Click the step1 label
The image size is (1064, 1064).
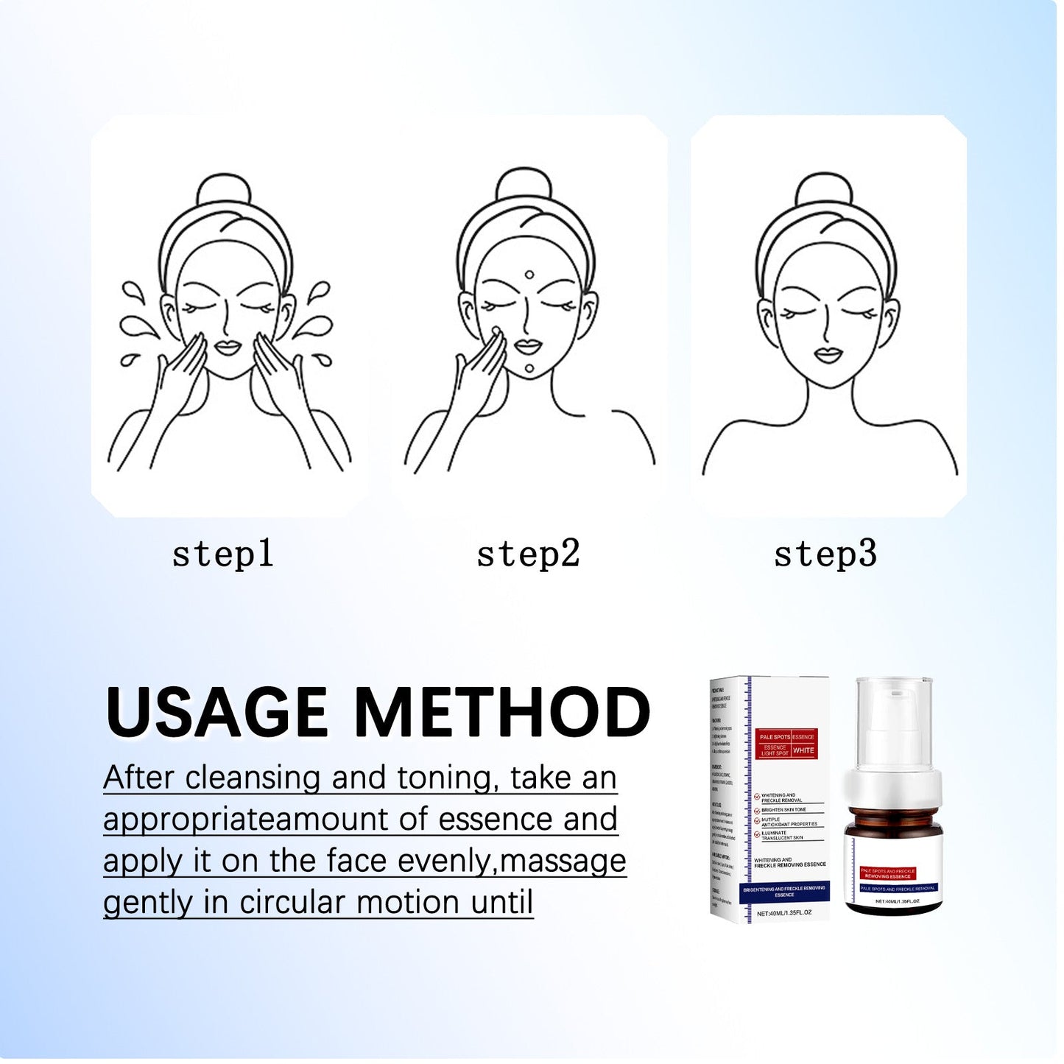pyautogui.click(x=222, y=554)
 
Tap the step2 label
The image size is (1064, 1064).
pyautogui.click(x=528, y=554)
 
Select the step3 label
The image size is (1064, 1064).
pyautogui.click(x=825, y=554)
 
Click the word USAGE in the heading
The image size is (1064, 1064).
pyautogui.click(x=216, y=712)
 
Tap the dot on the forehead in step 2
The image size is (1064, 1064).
pyautogui.click(x=529, y=275)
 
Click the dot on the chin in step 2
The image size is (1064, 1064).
pyautogui.click(x=529, y=368)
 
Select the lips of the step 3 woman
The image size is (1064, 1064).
pyautogui.click(x=828, y=356)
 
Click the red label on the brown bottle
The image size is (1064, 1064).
pyautogui.click(x=888, y=873)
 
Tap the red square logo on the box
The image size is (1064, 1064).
pyautogui.click(x=787, y=744)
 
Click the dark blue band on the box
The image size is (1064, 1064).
pyautogui.click(x=783, y=892)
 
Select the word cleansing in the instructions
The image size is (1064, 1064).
pyautogui.click(x=253, y=778)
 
